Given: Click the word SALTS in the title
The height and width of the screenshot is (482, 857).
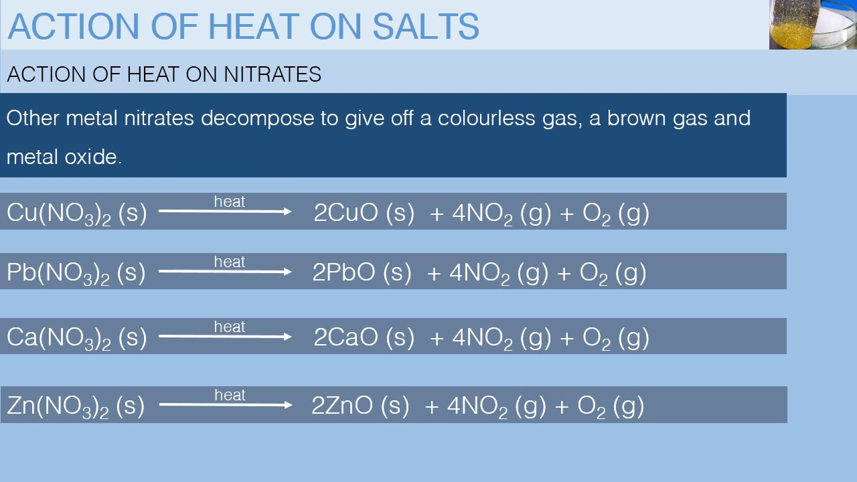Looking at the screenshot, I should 425,26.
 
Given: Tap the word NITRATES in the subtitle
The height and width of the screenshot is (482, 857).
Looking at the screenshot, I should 272,74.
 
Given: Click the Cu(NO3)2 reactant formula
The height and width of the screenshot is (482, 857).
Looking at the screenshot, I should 59,214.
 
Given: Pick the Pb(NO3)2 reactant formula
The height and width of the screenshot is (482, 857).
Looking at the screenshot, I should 58,273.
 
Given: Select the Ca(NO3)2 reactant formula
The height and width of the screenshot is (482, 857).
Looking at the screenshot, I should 59,338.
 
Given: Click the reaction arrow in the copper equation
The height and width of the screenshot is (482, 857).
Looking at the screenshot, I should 225,212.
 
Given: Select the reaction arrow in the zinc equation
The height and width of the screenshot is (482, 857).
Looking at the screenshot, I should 226,404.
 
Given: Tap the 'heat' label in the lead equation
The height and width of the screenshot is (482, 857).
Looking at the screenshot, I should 230,262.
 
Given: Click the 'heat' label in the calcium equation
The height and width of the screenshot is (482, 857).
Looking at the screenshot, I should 230,327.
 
